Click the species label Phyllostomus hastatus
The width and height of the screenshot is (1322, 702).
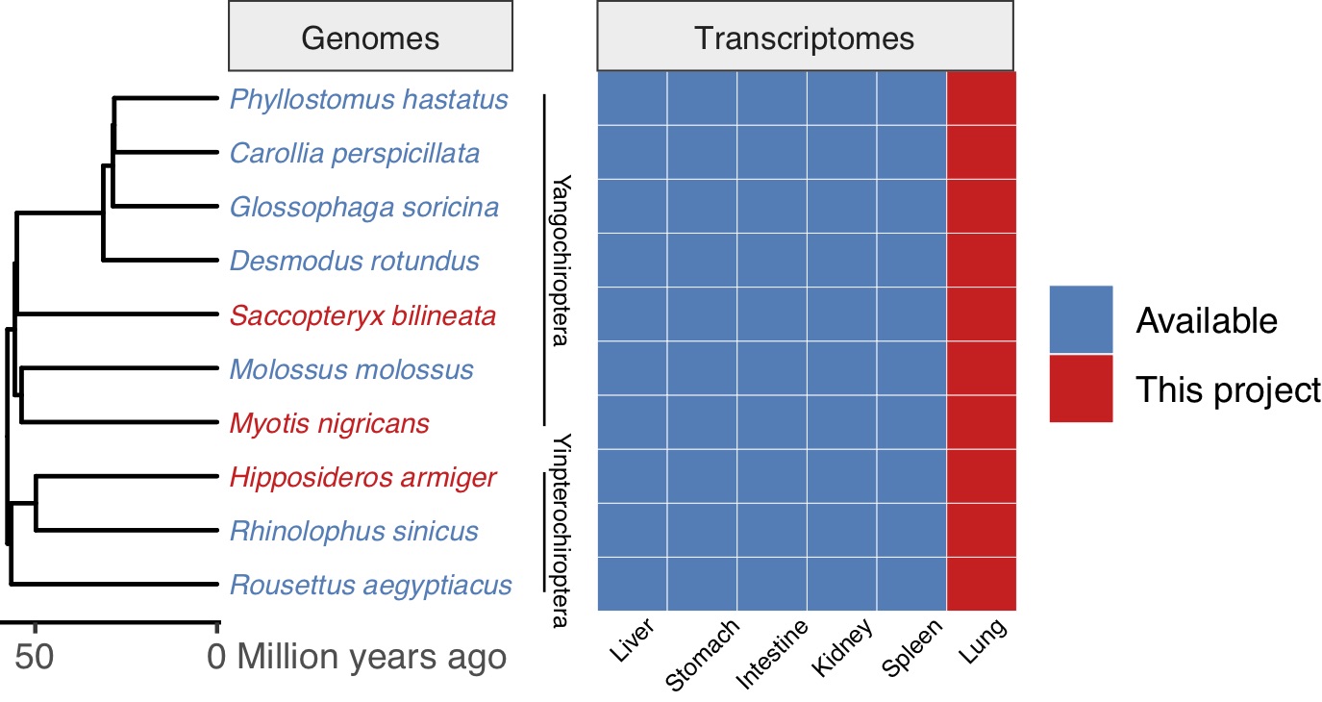368,99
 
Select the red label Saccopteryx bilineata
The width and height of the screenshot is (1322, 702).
362,315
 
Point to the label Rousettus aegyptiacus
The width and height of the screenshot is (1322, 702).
370,585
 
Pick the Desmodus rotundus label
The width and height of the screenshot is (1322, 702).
354,261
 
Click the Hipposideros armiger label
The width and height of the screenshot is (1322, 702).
362,477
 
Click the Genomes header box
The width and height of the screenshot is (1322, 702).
370,38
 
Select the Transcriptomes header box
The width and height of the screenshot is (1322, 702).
805,38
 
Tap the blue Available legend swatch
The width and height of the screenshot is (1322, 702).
1080,319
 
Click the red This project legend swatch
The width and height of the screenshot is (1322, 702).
1080,389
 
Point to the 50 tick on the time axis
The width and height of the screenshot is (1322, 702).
35,657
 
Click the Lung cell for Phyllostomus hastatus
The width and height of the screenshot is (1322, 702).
982,98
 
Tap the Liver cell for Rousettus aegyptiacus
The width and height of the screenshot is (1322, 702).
633,584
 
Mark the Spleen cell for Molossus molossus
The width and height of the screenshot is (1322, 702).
911,368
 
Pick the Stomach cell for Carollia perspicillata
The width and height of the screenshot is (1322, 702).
702,152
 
